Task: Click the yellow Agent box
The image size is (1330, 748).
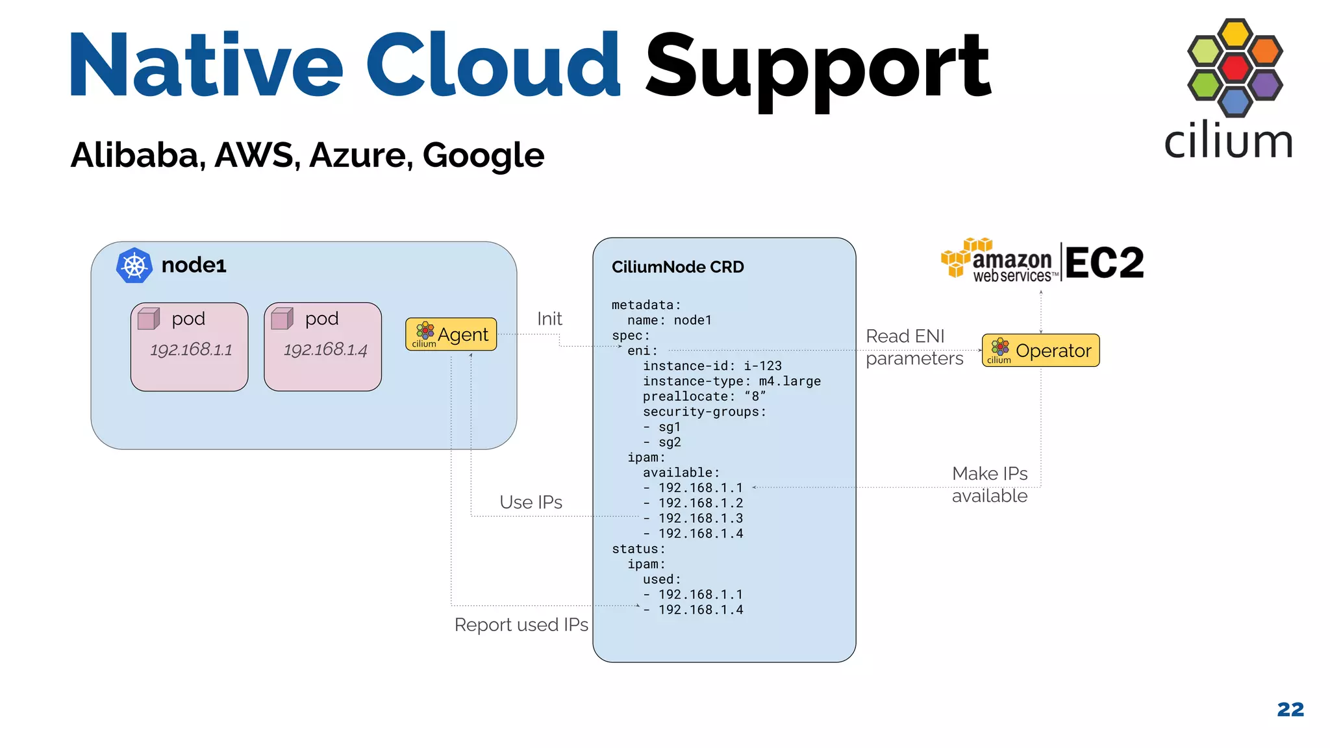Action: (x=451, y=334)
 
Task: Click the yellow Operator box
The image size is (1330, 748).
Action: (x=1040, y=351)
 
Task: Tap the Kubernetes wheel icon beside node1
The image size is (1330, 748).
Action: (x=134, y=266)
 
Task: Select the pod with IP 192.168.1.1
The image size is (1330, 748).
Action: (x=189, y=347)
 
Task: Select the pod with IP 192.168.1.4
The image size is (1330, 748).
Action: (x=323, y=347)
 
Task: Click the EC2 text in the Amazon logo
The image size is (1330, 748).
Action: (x=1104, y=263)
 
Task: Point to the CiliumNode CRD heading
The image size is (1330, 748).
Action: (x=677, y=267)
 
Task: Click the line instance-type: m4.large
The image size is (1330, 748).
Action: (x=731, y=381)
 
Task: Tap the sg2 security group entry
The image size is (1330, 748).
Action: (x=669, y=442)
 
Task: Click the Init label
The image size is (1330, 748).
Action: (x=549, y=319)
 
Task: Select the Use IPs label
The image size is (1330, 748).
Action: (x=531, y=502)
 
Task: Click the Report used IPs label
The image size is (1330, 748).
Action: (x=521, y=625)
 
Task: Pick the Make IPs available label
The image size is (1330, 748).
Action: (x=989, y=484)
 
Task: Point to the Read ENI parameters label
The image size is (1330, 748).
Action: (x=914, y=347)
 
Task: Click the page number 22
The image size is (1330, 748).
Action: (x=1290, y=709)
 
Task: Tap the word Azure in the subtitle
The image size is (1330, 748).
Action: (x=360, y=155)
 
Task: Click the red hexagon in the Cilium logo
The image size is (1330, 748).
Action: (x=1235, y=68)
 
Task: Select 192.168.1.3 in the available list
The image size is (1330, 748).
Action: (x=700, y=518)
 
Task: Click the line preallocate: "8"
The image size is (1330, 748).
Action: (x=704, y=396)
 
